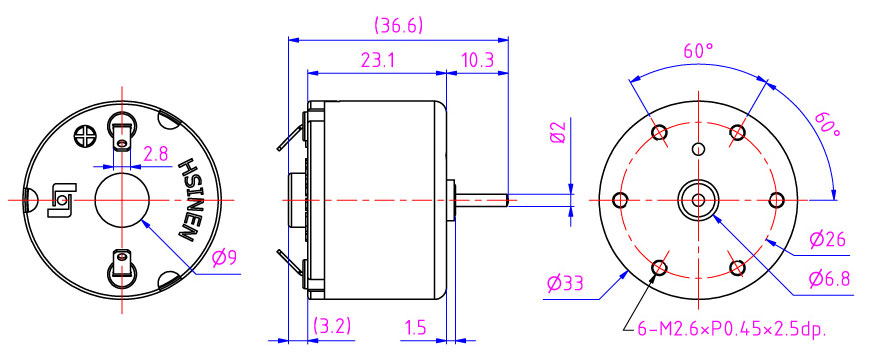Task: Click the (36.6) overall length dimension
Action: pyautogui.click(x=398, y=26)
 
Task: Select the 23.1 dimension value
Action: pyautogui.click(x=377, y=61)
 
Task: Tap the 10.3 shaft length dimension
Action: pyautogui.click(x=477, y=61)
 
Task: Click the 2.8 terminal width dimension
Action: pyautogui.click(x=156, y=154)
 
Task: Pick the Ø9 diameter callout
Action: pyautogui.click(x=225, y=258)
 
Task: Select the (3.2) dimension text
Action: pyautogui.click(x=332, y=326)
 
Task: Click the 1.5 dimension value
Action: pyautogui.click(x=414, y=326)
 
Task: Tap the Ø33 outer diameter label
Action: pyautogui.click(x=565, y=284)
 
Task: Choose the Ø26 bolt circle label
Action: pyautogui.click(x=827, y=240)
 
